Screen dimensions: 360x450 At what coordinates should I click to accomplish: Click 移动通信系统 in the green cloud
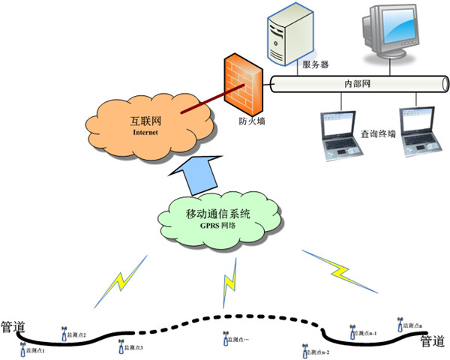(218, 215)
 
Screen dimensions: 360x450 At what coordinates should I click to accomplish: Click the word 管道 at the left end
(15, 327)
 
